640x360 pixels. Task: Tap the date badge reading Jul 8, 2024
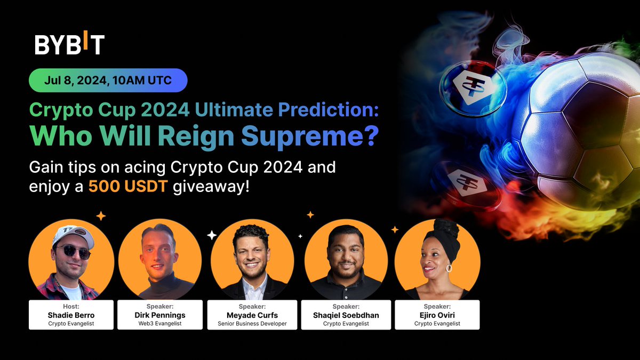(108, 81)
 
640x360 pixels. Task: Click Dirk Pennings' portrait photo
(159, 258)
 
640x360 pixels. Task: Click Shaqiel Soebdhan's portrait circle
(346, 258)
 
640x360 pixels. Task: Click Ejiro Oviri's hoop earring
(449, 268)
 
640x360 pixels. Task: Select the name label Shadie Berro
(71, 315)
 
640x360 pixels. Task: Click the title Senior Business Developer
(252, 324)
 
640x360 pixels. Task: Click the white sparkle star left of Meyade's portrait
(212, 235)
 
